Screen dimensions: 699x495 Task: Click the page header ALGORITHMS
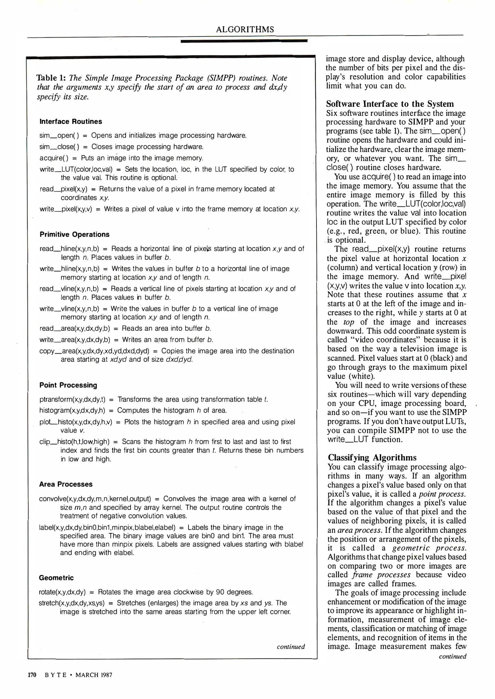click(x=245, y=29)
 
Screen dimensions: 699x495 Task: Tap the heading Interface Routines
click(x=70, y=121)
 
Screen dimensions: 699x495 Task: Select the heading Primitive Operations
click(x=74, y=234)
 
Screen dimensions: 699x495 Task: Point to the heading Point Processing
click(x=68, y=385)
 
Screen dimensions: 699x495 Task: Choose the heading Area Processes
click(x=66, y=484)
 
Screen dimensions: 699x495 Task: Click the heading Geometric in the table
click(x=56, y=578)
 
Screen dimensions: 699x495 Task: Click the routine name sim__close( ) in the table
click(x=59, y=147)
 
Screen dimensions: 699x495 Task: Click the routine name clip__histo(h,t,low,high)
click(x=74, y=441)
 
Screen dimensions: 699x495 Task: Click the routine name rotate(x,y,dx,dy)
click(x=62, y=592)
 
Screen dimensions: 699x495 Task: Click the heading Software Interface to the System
click(x=390, y=104)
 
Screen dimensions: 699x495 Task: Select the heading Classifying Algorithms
click(x=372, y=458)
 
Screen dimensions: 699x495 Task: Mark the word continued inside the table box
click(x=291, y=647)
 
